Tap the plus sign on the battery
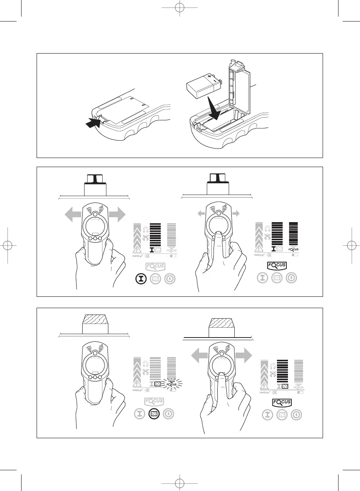point(209,77)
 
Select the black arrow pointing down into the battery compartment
point(213,109)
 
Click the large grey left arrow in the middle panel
point(73,215)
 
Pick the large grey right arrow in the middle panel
point(117,215)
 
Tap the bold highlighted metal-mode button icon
point(141,279)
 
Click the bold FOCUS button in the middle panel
point(277,265)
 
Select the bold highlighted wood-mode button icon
point(154,414)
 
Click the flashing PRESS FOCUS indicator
point(172,384)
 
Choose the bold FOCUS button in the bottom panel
point(282,402)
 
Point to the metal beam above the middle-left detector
point(95,184)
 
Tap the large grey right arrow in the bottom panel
point(243,355)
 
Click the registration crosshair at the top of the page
point(180,7)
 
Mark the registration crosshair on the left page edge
point(7,245)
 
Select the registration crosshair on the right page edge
point(352,245)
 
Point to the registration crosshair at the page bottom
point(180,483)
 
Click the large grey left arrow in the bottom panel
point(200,355)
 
